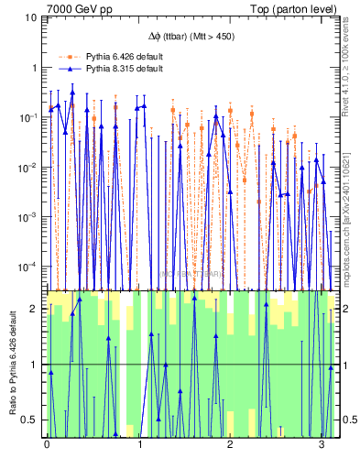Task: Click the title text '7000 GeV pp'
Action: click(74, 8)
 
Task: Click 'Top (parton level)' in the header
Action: click(295, 8)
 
